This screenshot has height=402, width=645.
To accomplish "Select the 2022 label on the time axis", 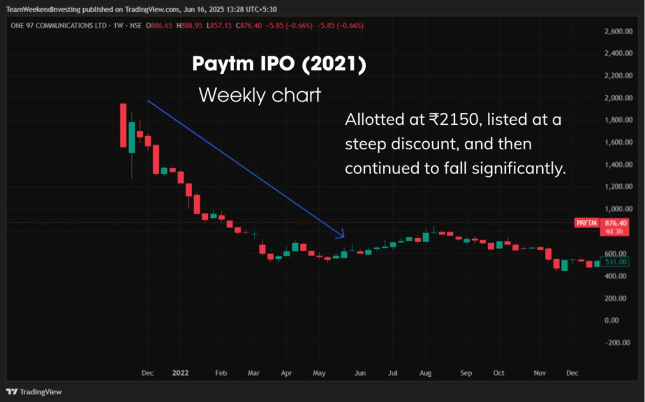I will click(180, 373).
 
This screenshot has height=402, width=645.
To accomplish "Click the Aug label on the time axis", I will click(426, 373).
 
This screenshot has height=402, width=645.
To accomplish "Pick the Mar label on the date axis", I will click(253, 373).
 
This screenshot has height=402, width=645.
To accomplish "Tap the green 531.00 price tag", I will click(615, 261).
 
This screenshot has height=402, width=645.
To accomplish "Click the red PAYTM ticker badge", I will click(586, 223).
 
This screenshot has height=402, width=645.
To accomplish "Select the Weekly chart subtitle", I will click(260, 95).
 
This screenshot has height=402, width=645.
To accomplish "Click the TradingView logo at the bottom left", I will click(35, 391).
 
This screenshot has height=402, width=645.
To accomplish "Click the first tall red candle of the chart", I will click(123, 125).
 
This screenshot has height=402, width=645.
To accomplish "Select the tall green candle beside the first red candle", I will click(132, 137).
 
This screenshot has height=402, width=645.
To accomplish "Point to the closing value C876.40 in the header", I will click(260, 25).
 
